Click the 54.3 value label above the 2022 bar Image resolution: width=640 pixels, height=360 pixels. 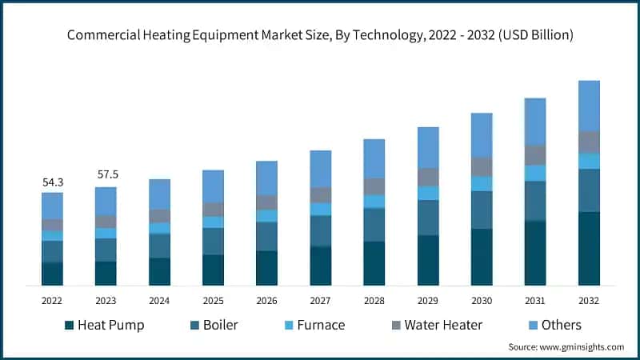[52, 183]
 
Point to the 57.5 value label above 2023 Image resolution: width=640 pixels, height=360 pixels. [106, 174]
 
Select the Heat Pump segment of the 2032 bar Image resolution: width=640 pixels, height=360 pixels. [589, 249]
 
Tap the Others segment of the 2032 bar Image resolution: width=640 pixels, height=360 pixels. [589, 106]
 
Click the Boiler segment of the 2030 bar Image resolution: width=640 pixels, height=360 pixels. [482, 210]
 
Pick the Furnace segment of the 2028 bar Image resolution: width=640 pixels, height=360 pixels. [374, 201]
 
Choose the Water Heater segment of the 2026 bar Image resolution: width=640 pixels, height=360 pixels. [266, 202]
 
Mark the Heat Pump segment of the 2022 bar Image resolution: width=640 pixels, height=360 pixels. [52, 274]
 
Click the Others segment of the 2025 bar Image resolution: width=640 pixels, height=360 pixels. [213, 186]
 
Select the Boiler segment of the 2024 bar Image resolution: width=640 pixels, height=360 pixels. [159, 246]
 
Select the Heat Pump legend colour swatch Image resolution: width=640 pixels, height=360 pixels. [70, 325]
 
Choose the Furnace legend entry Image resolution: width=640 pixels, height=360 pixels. [320, 325]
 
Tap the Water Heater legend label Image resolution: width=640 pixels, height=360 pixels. [443, 325]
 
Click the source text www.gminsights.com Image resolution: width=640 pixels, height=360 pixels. [583, 347]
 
